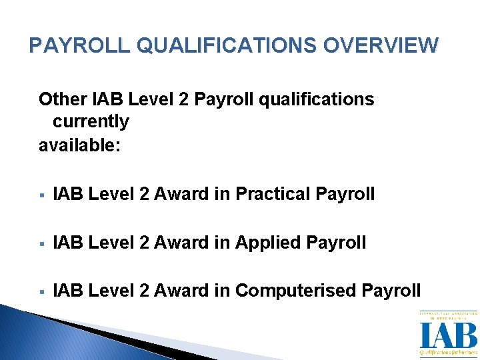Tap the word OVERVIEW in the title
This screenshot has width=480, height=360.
coord(381,45)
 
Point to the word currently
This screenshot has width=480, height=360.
coord(91,122)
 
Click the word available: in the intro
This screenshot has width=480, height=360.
coord(79,145)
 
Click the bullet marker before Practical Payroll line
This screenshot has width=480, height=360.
coord(42,195)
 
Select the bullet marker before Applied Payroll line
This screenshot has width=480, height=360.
coord(42,243)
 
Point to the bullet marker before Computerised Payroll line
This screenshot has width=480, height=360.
coord(42,291)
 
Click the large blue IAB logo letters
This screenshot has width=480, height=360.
coord(448,335)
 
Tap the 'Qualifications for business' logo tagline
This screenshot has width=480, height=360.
coord(448,352)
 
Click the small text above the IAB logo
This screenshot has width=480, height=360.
coord(448,315)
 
